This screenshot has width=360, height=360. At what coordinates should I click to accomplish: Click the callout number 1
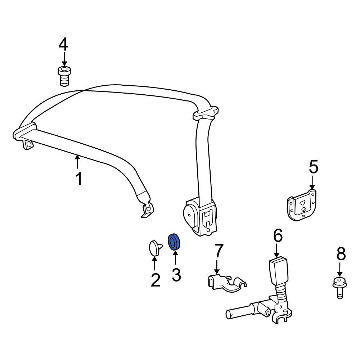[x=79, y=179]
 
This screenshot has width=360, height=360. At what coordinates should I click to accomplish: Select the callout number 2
[x=156, y=280]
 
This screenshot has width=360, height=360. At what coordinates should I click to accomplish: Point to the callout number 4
[x=63, y=44]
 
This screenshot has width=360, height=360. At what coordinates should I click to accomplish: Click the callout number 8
[x=341, y=253]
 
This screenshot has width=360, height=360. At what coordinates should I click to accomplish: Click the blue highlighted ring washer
[x=174, y=242]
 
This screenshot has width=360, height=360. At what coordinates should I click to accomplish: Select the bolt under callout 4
[x=64, y=77]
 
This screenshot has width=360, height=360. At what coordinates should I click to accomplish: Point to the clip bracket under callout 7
[x=226, y=283]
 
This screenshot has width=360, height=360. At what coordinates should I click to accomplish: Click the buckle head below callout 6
[x=278, y=271]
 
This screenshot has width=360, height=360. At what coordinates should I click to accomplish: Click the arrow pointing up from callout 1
[x=78, y=162]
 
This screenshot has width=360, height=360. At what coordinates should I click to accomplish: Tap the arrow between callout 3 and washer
[x=175, y=258]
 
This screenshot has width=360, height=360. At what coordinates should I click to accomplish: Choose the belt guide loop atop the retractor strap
[x=206, y=112]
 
